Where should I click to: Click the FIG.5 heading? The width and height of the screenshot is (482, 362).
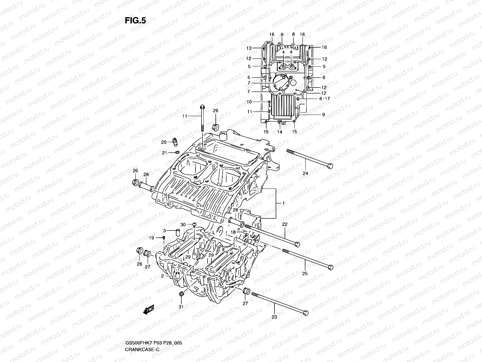[135, 20]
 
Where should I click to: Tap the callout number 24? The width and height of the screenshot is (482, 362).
[305, 173]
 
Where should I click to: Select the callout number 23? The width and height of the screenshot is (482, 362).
[274, 317]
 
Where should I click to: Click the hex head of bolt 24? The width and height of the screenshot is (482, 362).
[330, 166]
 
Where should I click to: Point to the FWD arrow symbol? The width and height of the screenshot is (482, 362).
[149, 310]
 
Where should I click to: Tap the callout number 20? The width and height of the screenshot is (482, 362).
[164, 142]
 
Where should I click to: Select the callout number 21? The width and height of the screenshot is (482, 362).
[164, 153]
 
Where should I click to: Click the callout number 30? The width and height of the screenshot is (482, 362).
[183, 224]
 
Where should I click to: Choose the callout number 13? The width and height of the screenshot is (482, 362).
[249, 48]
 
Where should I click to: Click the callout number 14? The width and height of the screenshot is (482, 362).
[280, 132]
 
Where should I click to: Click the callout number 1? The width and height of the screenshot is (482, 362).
[283, 203]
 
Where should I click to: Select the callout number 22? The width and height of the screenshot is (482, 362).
[285, 224]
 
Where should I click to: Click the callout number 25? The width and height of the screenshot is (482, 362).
[305, 273]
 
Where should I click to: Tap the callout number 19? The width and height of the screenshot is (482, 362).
[152, 238]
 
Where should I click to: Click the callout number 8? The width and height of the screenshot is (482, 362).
[293, 35]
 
